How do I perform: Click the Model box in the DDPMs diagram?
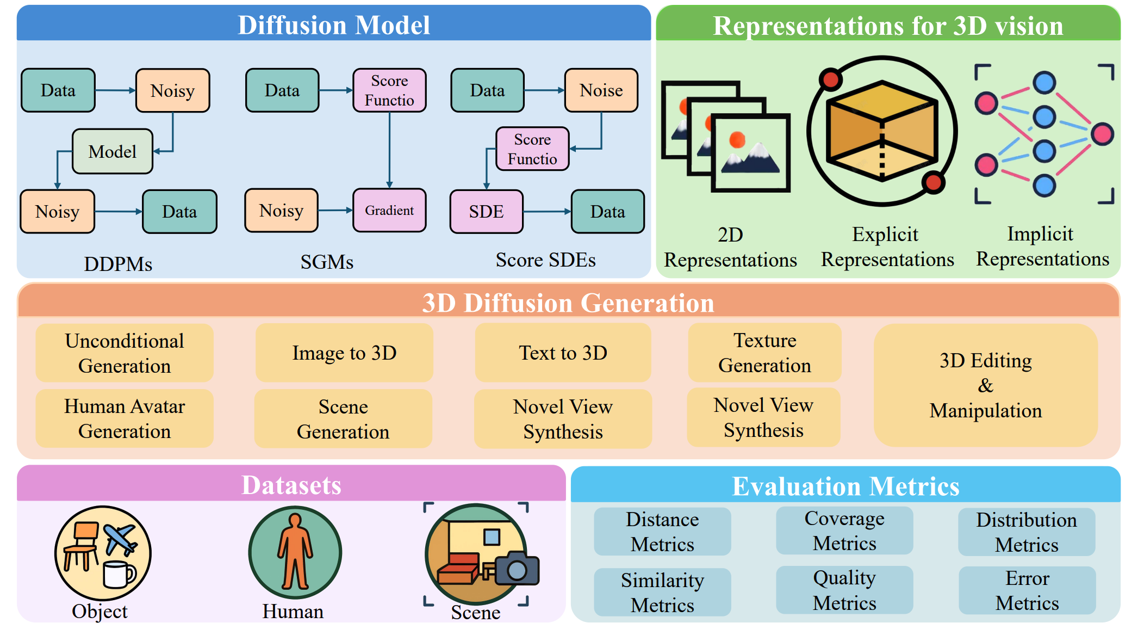[x=113, y=151]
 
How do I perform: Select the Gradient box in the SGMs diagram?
[x=389, y=211]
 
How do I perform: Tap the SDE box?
[x=486, y=212]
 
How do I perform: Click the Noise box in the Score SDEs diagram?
[x=601, y=90]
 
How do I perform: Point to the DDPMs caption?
[x=118, y=264]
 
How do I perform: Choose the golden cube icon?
[x=882, y=131]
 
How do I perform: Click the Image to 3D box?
[x=344, y=353]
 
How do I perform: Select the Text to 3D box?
[x=563, y=353]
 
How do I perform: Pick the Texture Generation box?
[x=764, y=353]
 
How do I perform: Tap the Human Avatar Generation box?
[x=125, y=418]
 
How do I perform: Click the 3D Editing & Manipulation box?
[x=985, y=385]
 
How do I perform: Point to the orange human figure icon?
[x=295, y=552]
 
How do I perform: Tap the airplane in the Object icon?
[x=120, y=538]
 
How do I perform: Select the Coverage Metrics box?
[x=844, y=531]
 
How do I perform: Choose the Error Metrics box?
[x=1027, y=590]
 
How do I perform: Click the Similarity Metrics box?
[x=662, y=593]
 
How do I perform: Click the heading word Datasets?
[x=291, y=485]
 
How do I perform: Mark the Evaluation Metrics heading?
[x=845, y=486]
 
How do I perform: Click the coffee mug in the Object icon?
[x=118, y=575]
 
